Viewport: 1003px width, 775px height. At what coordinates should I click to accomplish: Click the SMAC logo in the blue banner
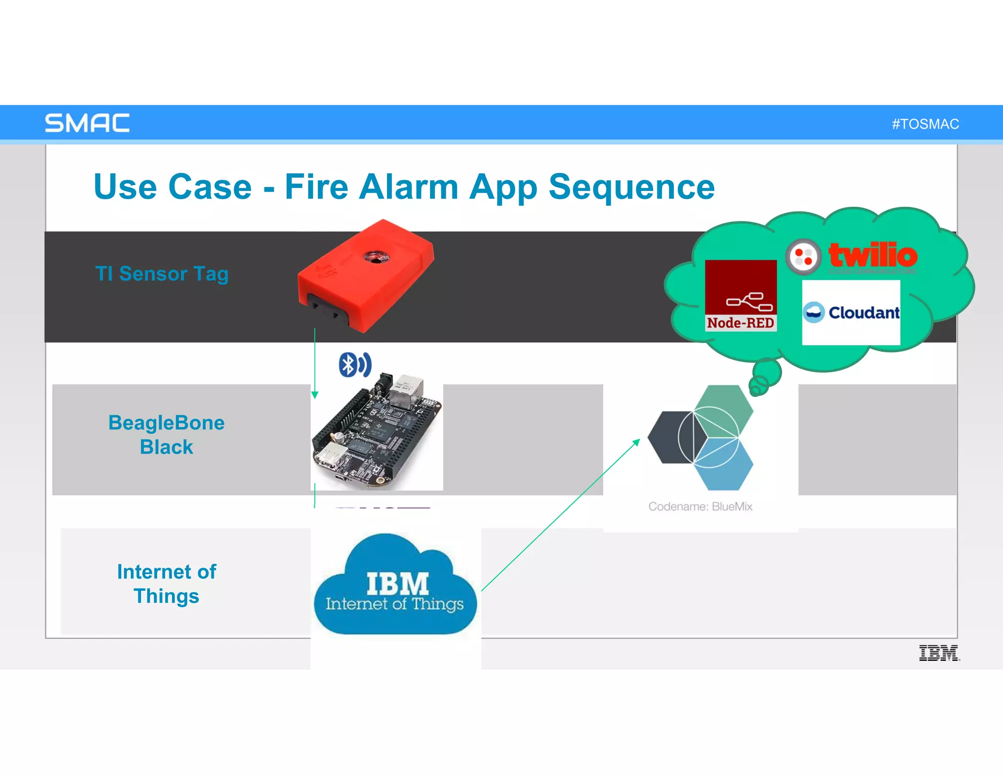[87, 123]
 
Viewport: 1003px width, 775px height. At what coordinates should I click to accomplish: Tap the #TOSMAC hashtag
[925, 124]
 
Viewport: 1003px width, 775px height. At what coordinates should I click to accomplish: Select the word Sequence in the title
[631, 188]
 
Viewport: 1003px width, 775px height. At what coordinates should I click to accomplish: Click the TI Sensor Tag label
[162, 273]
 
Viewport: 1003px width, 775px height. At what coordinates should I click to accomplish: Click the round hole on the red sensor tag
[375, 258]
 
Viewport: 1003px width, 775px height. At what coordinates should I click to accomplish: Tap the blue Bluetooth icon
[355, 364]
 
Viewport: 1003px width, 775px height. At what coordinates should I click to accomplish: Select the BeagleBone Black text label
[166, 435]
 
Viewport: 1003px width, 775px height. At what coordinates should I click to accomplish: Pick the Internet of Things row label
[166, 583]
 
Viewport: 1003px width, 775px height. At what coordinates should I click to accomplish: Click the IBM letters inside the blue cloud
[397, 583]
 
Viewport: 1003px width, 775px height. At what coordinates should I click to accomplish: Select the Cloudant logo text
[863, 313]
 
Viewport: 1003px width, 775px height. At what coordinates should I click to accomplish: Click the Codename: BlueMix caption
[700, 507]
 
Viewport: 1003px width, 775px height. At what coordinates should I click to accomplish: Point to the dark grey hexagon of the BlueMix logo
[669, 437]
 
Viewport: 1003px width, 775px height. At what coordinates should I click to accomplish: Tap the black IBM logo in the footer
[938, 653]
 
